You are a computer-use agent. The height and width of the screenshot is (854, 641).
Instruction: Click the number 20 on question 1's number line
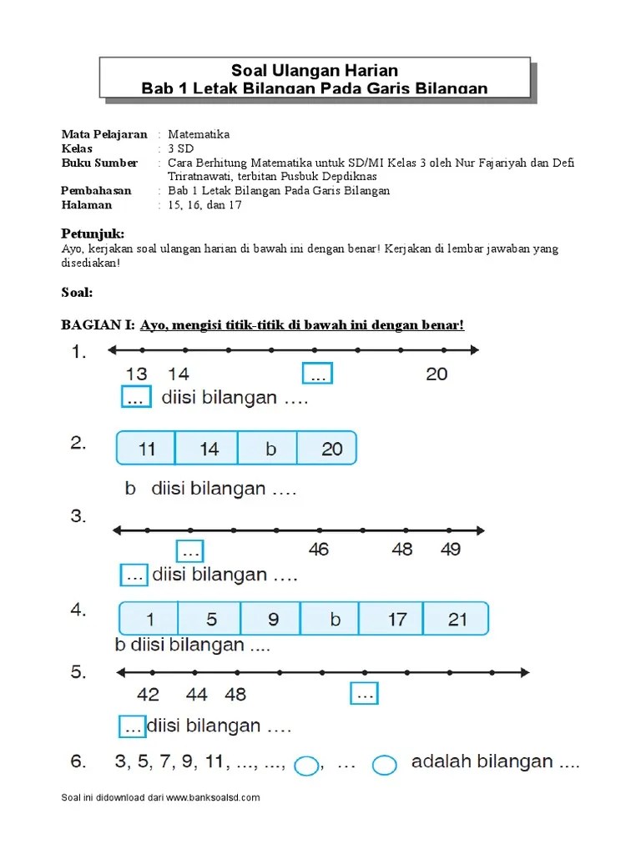(437, 374)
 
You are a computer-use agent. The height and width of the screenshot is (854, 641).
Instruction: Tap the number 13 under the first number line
(136, 374)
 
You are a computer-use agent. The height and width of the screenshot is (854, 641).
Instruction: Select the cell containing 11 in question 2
(146, 449)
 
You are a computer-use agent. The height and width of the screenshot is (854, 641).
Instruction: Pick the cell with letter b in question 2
(270, 449)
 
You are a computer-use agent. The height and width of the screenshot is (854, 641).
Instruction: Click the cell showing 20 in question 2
(331, 449)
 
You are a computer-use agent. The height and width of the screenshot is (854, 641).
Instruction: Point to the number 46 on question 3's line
(318, 550)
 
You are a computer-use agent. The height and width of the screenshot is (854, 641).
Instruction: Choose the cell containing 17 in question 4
(396, 620)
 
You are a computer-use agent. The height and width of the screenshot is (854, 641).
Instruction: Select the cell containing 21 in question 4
(457, 620)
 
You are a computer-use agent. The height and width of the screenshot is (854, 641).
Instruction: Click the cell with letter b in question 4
(335, 620)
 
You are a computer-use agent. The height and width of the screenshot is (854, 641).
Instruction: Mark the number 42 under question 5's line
(149, 694)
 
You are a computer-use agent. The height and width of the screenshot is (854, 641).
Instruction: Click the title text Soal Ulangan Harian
(314, 71)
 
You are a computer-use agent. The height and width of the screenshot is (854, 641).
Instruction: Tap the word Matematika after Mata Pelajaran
(199, 134)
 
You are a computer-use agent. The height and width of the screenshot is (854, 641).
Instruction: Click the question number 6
(77, 761)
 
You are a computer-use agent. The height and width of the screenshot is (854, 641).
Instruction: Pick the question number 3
(78, 517)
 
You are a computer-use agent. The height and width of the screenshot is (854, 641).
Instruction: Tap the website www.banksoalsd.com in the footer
(214, 797)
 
